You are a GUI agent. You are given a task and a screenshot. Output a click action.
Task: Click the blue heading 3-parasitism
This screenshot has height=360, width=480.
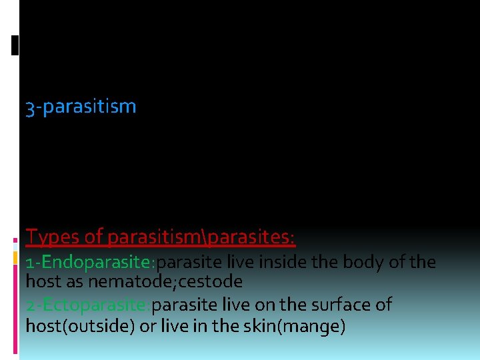pos(81,107)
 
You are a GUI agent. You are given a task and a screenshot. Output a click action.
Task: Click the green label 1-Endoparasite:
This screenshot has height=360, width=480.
pos(91,262)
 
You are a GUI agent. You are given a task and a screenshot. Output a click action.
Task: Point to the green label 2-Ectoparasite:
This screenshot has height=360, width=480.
pos(89,305)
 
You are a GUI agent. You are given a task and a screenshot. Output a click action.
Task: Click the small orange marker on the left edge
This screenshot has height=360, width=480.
pos(15,257)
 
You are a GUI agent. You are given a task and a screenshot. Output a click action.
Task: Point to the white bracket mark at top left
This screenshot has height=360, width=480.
pos(15,45)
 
